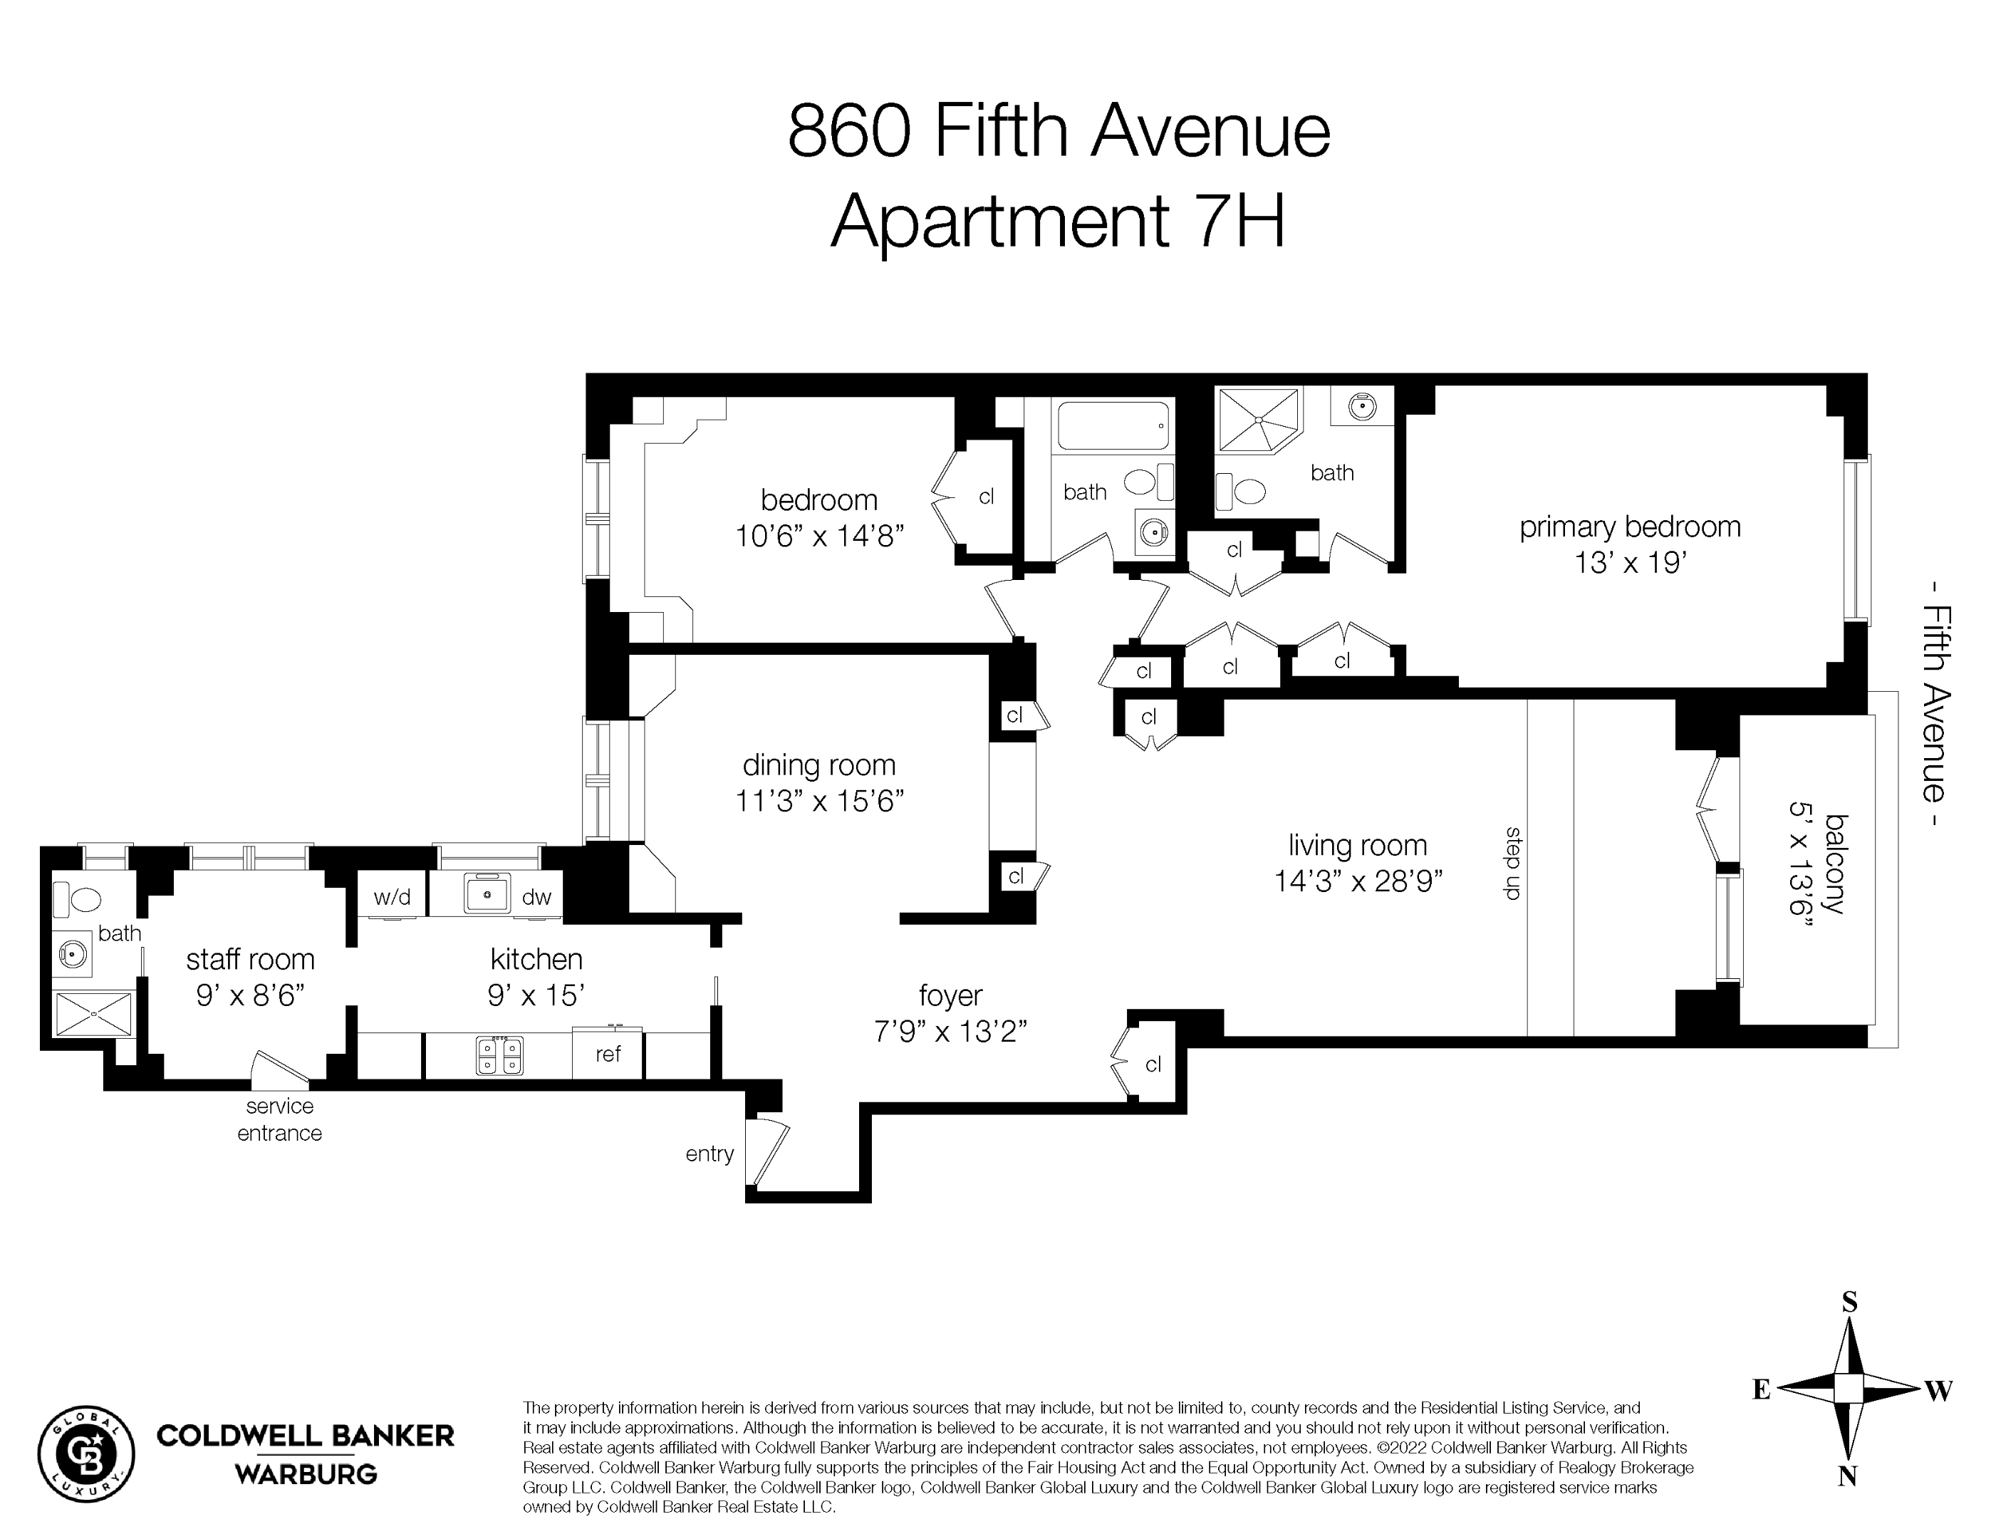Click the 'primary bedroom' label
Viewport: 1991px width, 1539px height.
(x=1629, y=527)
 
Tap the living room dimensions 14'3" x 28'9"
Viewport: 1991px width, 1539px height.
(x=1358, y=881)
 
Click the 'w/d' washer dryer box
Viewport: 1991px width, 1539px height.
(x=392, y=897)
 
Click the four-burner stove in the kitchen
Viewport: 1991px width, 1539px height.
(x=499, y=1056)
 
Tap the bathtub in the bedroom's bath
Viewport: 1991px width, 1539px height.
(x=1113, y=426)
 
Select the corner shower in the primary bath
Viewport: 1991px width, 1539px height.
(x=1259, y=420)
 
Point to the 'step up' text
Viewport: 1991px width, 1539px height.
(x=1513, y=863)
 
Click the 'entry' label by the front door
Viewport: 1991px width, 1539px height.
(x=709, y=1154)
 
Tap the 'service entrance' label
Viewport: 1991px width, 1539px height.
(x=279, y=1119)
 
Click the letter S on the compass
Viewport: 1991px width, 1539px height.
(x=1849, y=1302)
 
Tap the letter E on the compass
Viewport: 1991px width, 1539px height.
(x=1761, y=1389)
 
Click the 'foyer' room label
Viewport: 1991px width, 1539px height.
(x=950, y=995)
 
